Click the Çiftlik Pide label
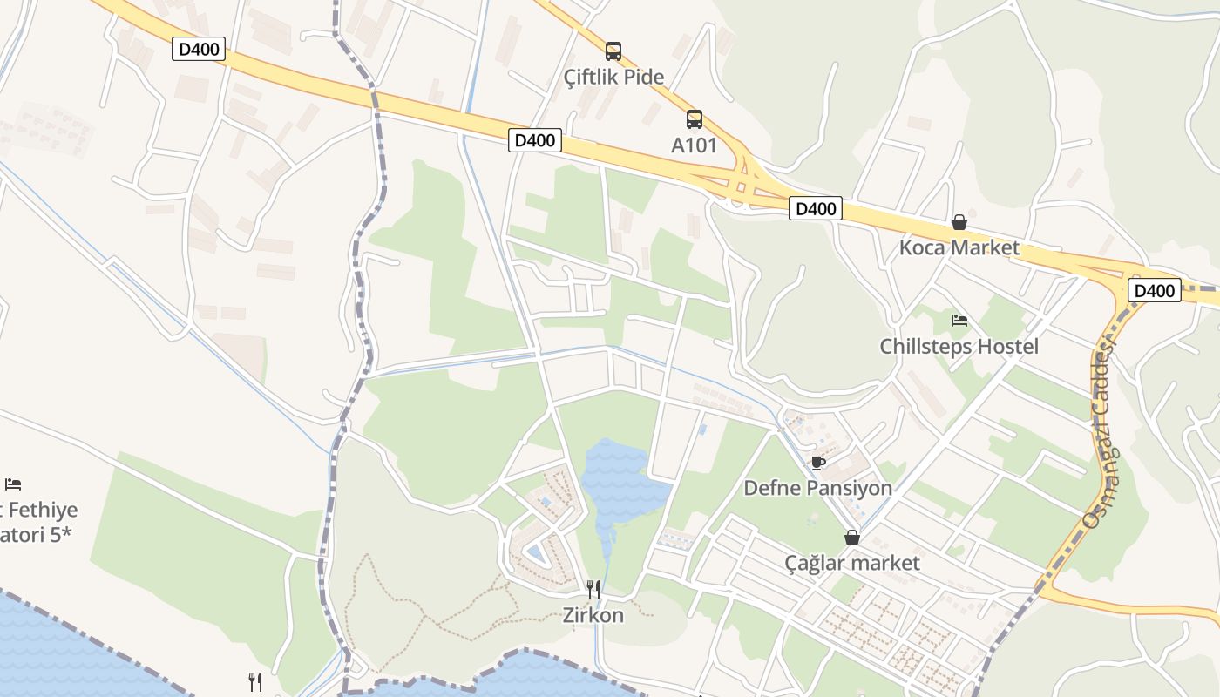pyautogui.click(x=613, y=77)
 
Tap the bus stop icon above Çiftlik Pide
pyautogui.click(x=613, y=51)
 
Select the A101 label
pyautogui.click(x=694, y=145)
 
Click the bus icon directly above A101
pyautogui.click(x=694, y=119)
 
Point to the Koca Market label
pyautogui.click(x=959, y=247)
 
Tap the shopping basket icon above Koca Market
pyautogui.click(x=959, y=222)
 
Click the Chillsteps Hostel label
pyautogui.click(x=959, y=346)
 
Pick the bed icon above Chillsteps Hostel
pyautogui.click(x=959, y=321)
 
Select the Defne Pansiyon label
pyautogui.click(x=817, y=488)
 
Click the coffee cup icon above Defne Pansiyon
pyautogui.click(x=817, y=463)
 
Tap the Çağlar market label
pyautogui.click(x=851, y=563)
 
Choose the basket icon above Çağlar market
pyautogui.click(x=851, y=538)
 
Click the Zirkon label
pyautogui.click(x=593, y=615)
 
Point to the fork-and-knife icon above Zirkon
pyautogui.click(x=593, y=590)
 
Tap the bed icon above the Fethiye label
pyautogui.click(x=12, y=484)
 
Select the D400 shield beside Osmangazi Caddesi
pyautogui.click(x=1154, y=290)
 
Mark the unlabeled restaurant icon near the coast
pyautogui.click(x=254, y=681)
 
